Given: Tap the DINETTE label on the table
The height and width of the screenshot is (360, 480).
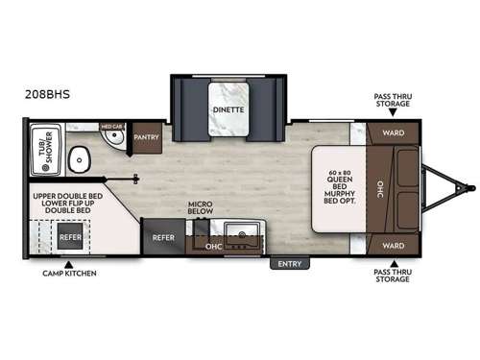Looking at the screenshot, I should click(229, 110).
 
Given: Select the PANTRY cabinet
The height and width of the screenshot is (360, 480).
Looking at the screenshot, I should click(147, 138).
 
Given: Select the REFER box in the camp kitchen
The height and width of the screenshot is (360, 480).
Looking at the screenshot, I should click(69, 236).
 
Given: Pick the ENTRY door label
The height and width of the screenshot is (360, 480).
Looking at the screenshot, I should click(288, 263).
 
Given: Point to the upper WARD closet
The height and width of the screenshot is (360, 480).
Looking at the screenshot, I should click(394, 132).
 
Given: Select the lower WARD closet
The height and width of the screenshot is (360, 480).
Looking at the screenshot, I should click(394, 244).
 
